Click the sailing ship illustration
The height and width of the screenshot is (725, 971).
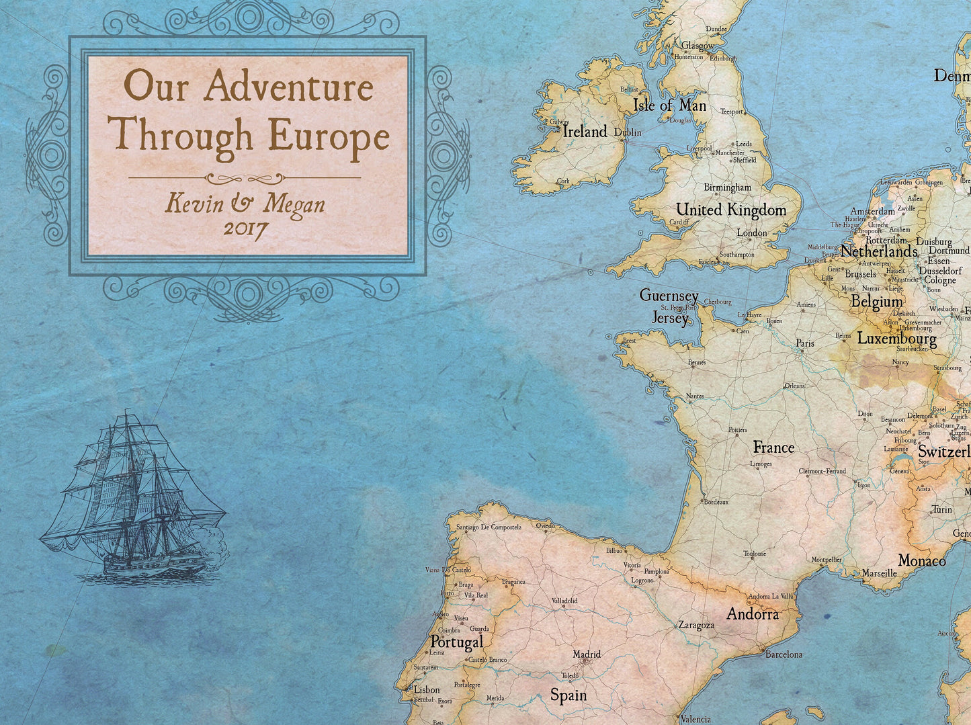(134, 497)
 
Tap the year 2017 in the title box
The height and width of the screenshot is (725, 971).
(245, 228)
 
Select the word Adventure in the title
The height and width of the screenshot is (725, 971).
(289, 88)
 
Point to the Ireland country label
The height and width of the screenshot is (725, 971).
(585, 132)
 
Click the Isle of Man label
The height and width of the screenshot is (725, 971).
(669, 105)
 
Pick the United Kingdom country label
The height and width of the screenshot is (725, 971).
(731, 210)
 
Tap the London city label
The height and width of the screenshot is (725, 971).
(752, 233)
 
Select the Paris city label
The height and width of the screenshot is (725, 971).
(805, 343)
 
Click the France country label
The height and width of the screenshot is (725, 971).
(773, 447)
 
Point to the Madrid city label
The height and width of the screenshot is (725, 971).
(587, 654)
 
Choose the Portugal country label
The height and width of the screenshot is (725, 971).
(457, 642)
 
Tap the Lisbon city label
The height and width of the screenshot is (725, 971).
(427, 689)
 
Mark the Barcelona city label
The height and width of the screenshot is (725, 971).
(784, 654)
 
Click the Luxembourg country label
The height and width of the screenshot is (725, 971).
(896, 339)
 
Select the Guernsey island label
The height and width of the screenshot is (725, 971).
(669, 296)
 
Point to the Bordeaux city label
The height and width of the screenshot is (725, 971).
(716, 502)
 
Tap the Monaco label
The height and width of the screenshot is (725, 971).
(922, 560)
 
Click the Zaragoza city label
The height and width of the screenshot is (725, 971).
(696, 626)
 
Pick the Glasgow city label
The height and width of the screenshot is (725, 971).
(698, 46)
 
